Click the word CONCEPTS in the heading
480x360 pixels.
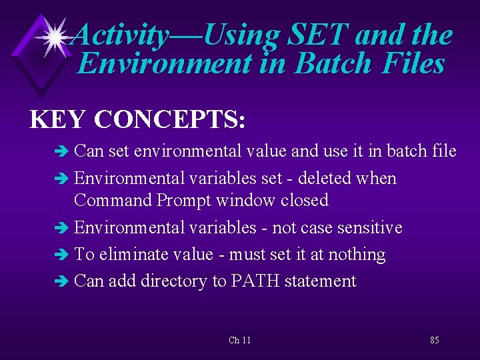tap(171, 119)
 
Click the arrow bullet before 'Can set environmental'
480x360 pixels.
tap(63, 152)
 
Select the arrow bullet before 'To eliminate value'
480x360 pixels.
tap(63, 255)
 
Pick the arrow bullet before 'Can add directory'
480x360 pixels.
tap(63, 282)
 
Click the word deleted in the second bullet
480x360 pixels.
tap(325, 179)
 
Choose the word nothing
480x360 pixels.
tap(355, 255)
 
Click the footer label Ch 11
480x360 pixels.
tap(239, 341)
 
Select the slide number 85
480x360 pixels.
tap(434, 341)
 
